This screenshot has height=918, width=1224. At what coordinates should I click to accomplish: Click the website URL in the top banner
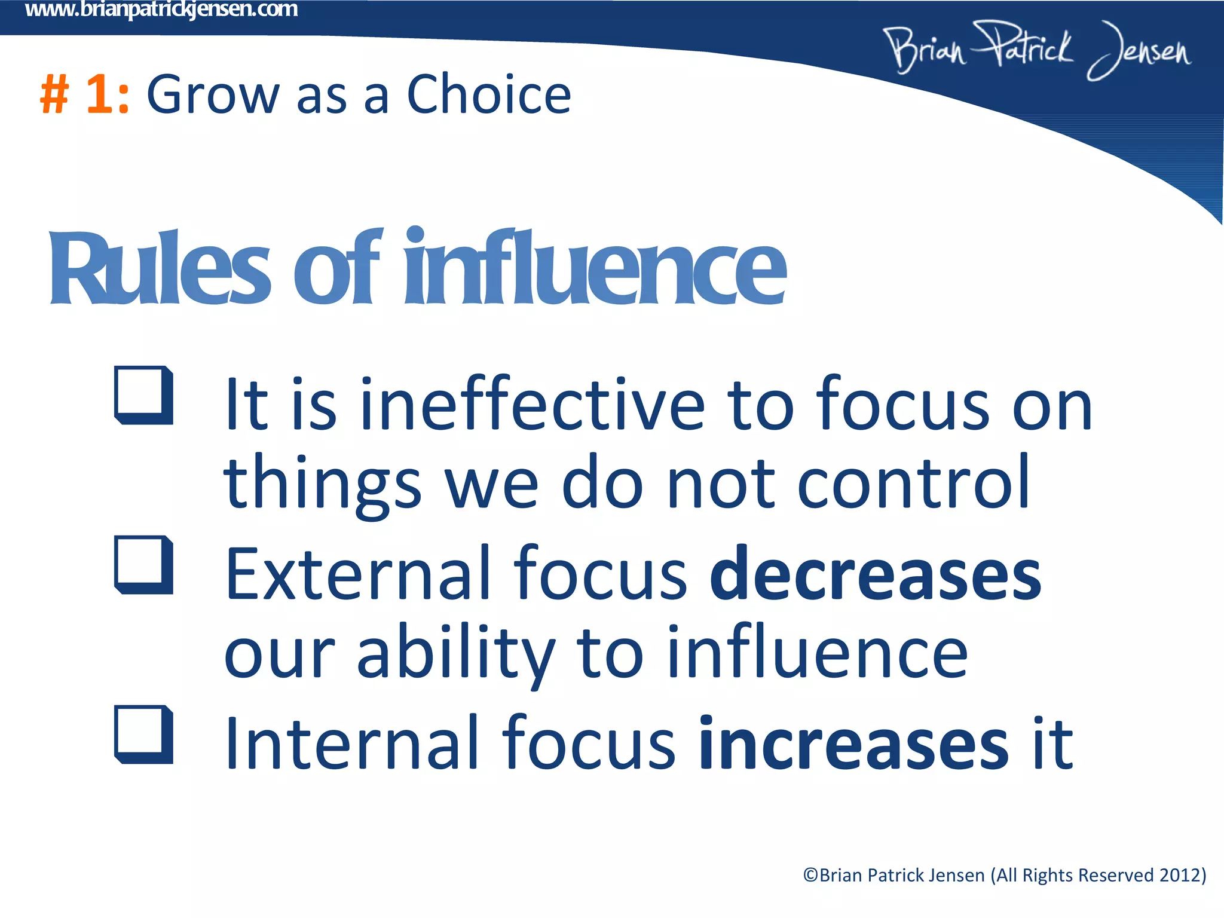click(x=161, y=10)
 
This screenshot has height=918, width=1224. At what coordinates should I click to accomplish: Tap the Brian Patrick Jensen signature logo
click(x=1037, y=50)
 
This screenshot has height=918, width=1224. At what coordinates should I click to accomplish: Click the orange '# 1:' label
click(x=84, y=94)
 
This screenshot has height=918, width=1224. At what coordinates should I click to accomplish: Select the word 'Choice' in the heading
click(x=488, y=94)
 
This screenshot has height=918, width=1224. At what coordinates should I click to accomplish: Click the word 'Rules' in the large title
click(x=160, y=267)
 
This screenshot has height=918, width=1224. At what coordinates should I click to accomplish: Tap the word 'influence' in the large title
click(x=595, y=267)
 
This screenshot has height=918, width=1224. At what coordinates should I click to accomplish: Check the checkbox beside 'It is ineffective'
click(x=143, y=394)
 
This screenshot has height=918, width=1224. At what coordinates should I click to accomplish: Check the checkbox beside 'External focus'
click(x=143, y=564)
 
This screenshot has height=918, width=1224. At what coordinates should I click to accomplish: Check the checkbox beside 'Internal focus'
click(x=143, y=734)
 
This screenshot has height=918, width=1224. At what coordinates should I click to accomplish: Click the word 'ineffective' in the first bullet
click(x=533, y=405)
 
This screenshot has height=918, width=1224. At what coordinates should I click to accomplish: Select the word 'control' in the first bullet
click(x=914, y=482)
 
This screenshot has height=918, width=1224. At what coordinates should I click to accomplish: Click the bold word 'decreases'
click(x=876, y=575)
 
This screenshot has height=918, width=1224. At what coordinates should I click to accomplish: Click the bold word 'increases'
click(x=854, y=745)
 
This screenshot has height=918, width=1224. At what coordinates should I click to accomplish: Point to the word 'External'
click(x=357, y=575)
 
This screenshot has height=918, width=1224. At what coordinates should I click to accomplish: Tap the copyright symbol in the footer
click(x=810, y=876)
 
